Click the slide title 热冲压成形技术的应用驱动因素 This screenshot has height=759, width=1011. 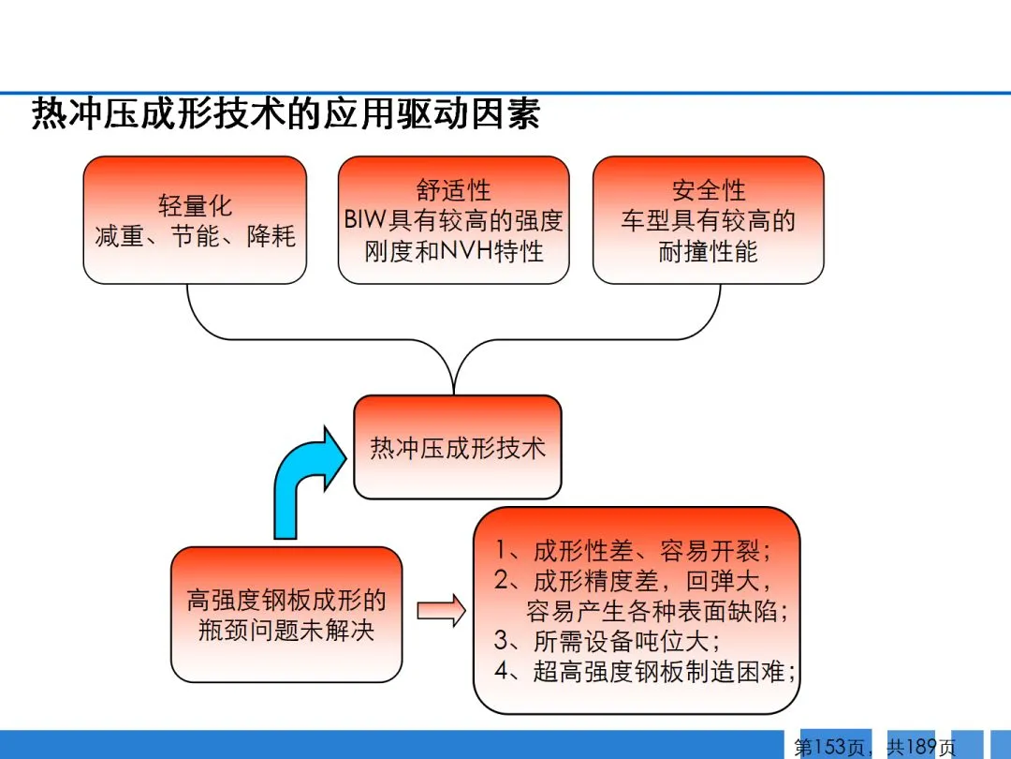tap(286, 114)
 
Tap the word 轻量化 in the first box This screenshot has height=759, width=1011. tap(195, 205)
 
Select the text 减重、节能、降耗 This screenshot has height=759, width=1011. tap(195, 236)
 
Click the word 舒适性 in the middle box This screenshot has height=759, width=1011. tap(454, 190)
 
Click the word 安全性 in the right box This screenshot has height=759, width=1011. tap(709, 190)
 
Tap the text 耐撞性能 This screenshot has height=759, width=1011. tap(709, 251)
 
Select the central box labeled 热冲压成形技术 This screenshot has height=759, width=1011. tap(457, 447)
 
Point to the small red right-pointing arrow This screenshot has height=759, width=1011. tap(441, 611)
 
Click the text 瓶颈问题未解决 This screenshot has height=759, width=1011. tap(286, 630)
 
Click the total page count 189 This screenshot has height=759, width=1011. tap(922, 747)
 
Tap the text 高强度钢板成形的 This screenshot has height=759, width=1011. tap(286, 600)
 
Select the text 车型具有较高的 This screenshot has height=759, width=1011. tap(709, 221)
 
